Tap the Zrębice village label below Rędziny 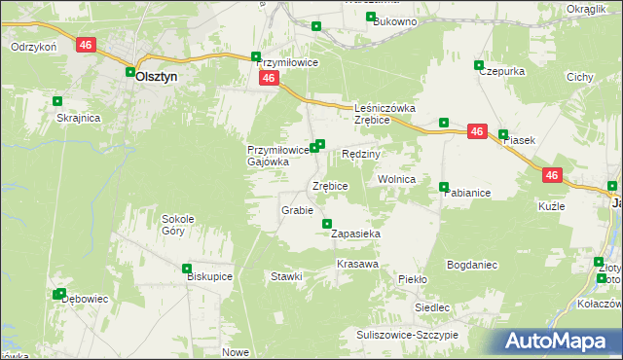coord(330,186)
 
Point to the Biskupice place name coord(208,276)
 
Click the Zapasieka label coord(355,234)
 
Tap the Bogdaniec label coord(472,265)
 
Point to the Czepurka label coord(502,71)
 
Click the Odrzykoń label coord(34,47)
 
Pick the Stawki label coord(287,276)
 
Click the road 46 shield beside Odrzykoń coord(86,46)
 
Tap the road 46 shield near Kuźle coord(551,175)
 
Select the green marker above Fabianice coord(444,187)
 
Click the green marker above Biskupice coord(187,269)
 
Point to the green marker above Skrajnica coord(57,100)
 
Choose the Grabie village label coord(297,210)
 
